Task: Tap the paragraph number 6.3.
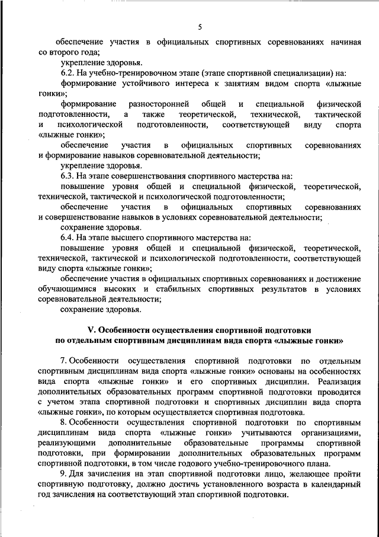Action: click(x=68, y=176)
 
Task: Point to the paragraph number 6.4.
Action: click(x=68, y=238)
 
